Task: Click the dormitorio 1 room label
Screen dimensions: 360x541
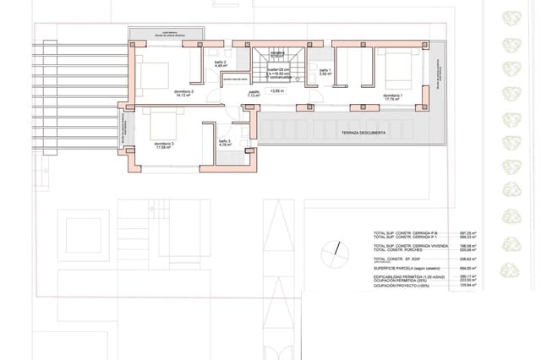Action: (392, 97)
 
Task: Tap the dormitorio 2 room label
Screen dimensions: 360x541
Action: (184, 92)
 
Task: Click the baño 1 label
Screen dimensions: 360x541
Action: (325, 72)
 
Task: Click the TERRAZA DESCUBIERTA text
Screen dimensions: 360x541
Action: (363, 134)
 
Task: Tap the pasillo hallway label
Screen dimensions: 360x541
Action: (254, 94)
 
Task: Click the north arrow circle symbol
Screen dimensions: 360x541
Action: (339, 251)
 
